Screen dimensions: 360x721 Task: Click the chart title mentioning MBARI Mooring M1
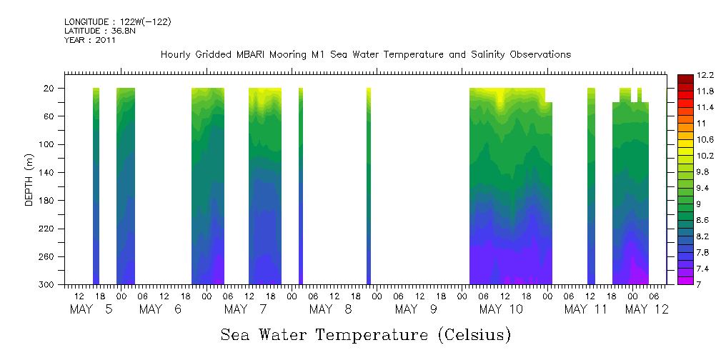pyautogui.click(x=365, y=54)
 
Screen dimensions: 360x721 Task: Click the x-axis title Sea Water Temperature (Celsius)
pyautogui.click(x=365, y=334)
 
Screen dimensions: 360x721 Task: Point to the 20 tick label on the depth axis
pyautogui.click(x=50, y=89)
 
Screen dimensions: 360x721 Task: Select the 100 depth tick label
pyautogui.click(x=48, y=144)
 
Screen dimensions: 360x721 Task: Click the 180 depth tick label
pyautogui.click(x=48, y=201)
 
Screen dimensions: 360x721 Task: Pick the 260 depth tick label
pyautogui.click(x=48, y=256)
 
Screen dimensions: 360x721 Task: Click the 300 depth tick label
pyautogui.click(x=48, y=284)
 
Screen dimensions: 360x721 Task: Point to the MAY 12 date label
pyautogui.click(x=646, y=309)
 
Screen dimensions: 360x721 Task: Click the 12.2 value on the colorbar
pyautogui.click(x=685, y=76)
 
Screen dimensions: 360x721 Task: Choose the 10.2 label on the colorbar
pyautogui.click(x=685, y=155)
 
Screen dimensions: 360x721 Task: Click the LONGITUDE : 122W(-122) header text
pyautogui.click(x=117, y=22)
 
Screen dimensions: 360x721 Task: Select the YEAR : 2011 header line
pyautogui.click(x=89, y=40)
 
